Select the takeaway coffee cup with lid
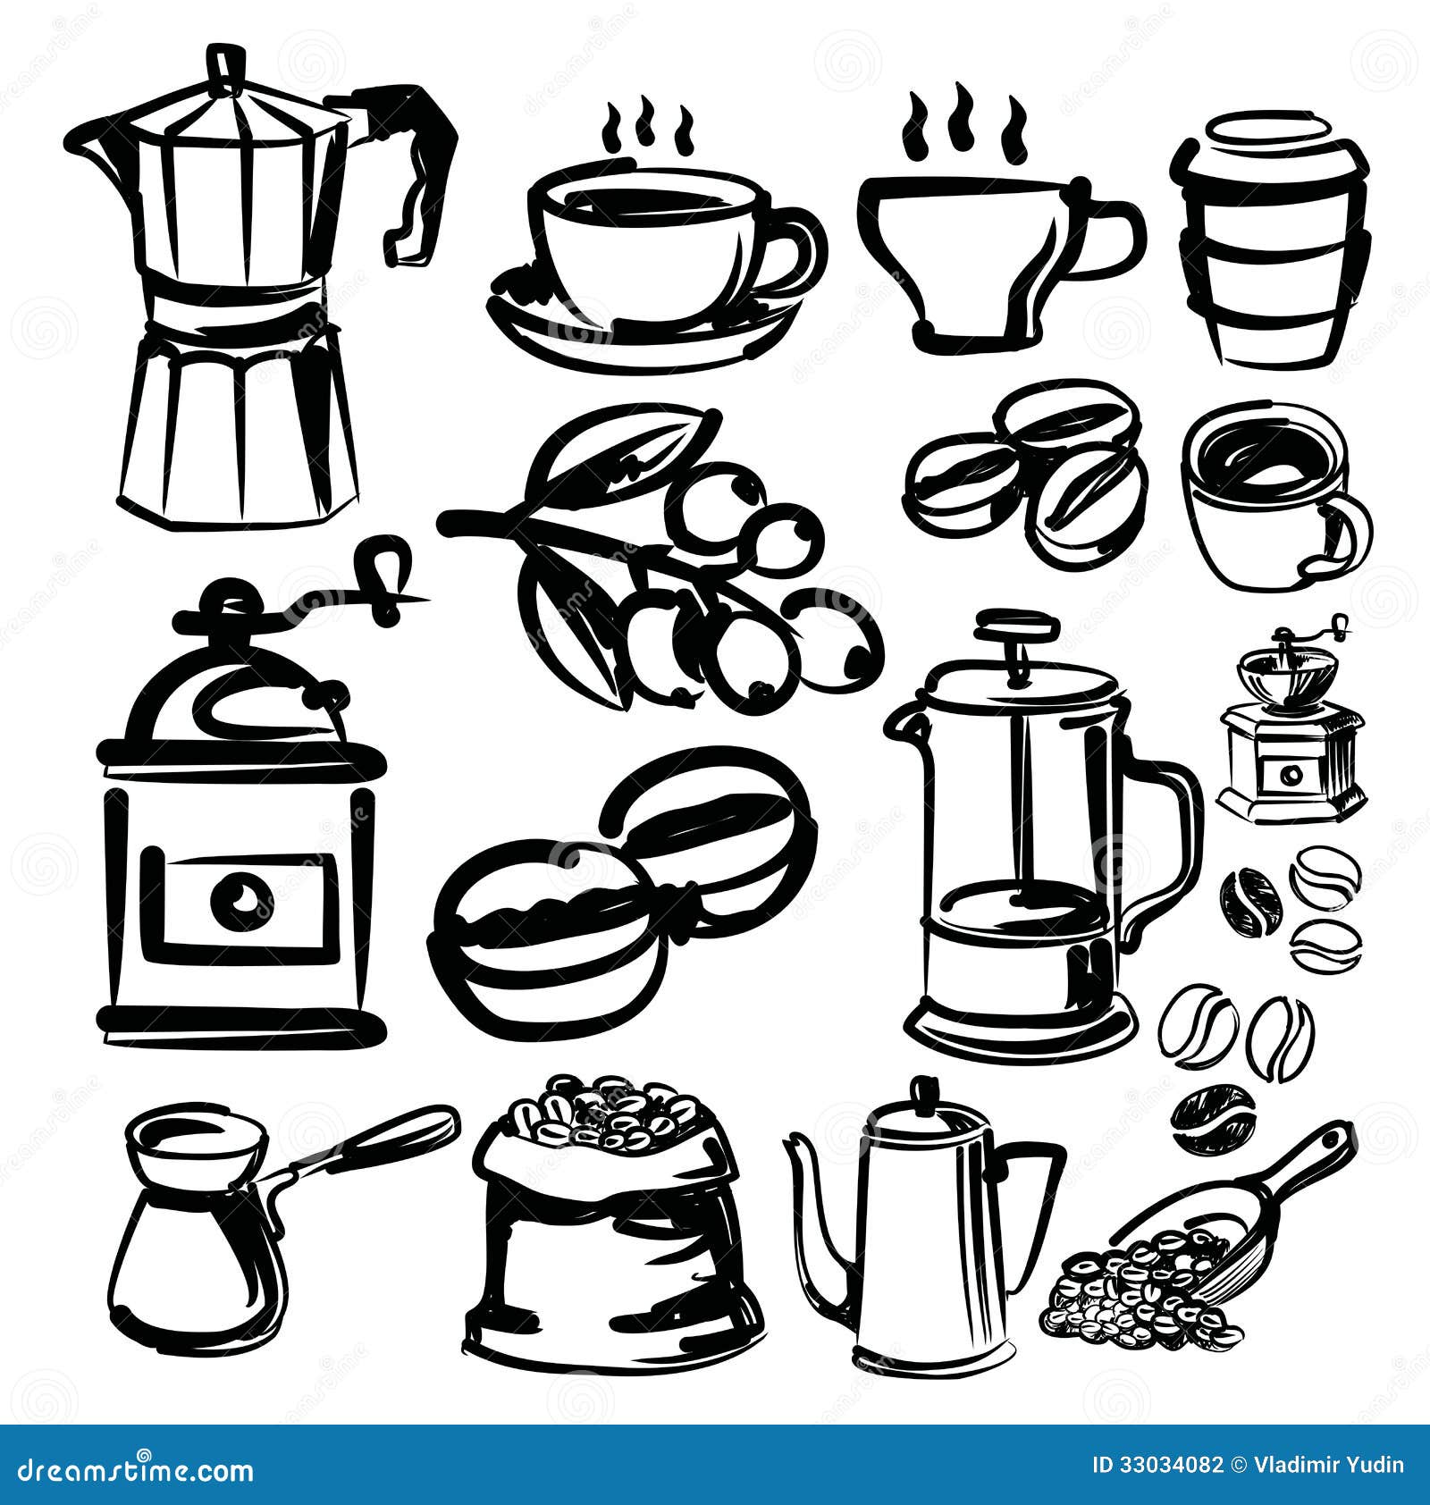point(1269,241)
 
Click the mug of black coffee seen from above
point(1274,500)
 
